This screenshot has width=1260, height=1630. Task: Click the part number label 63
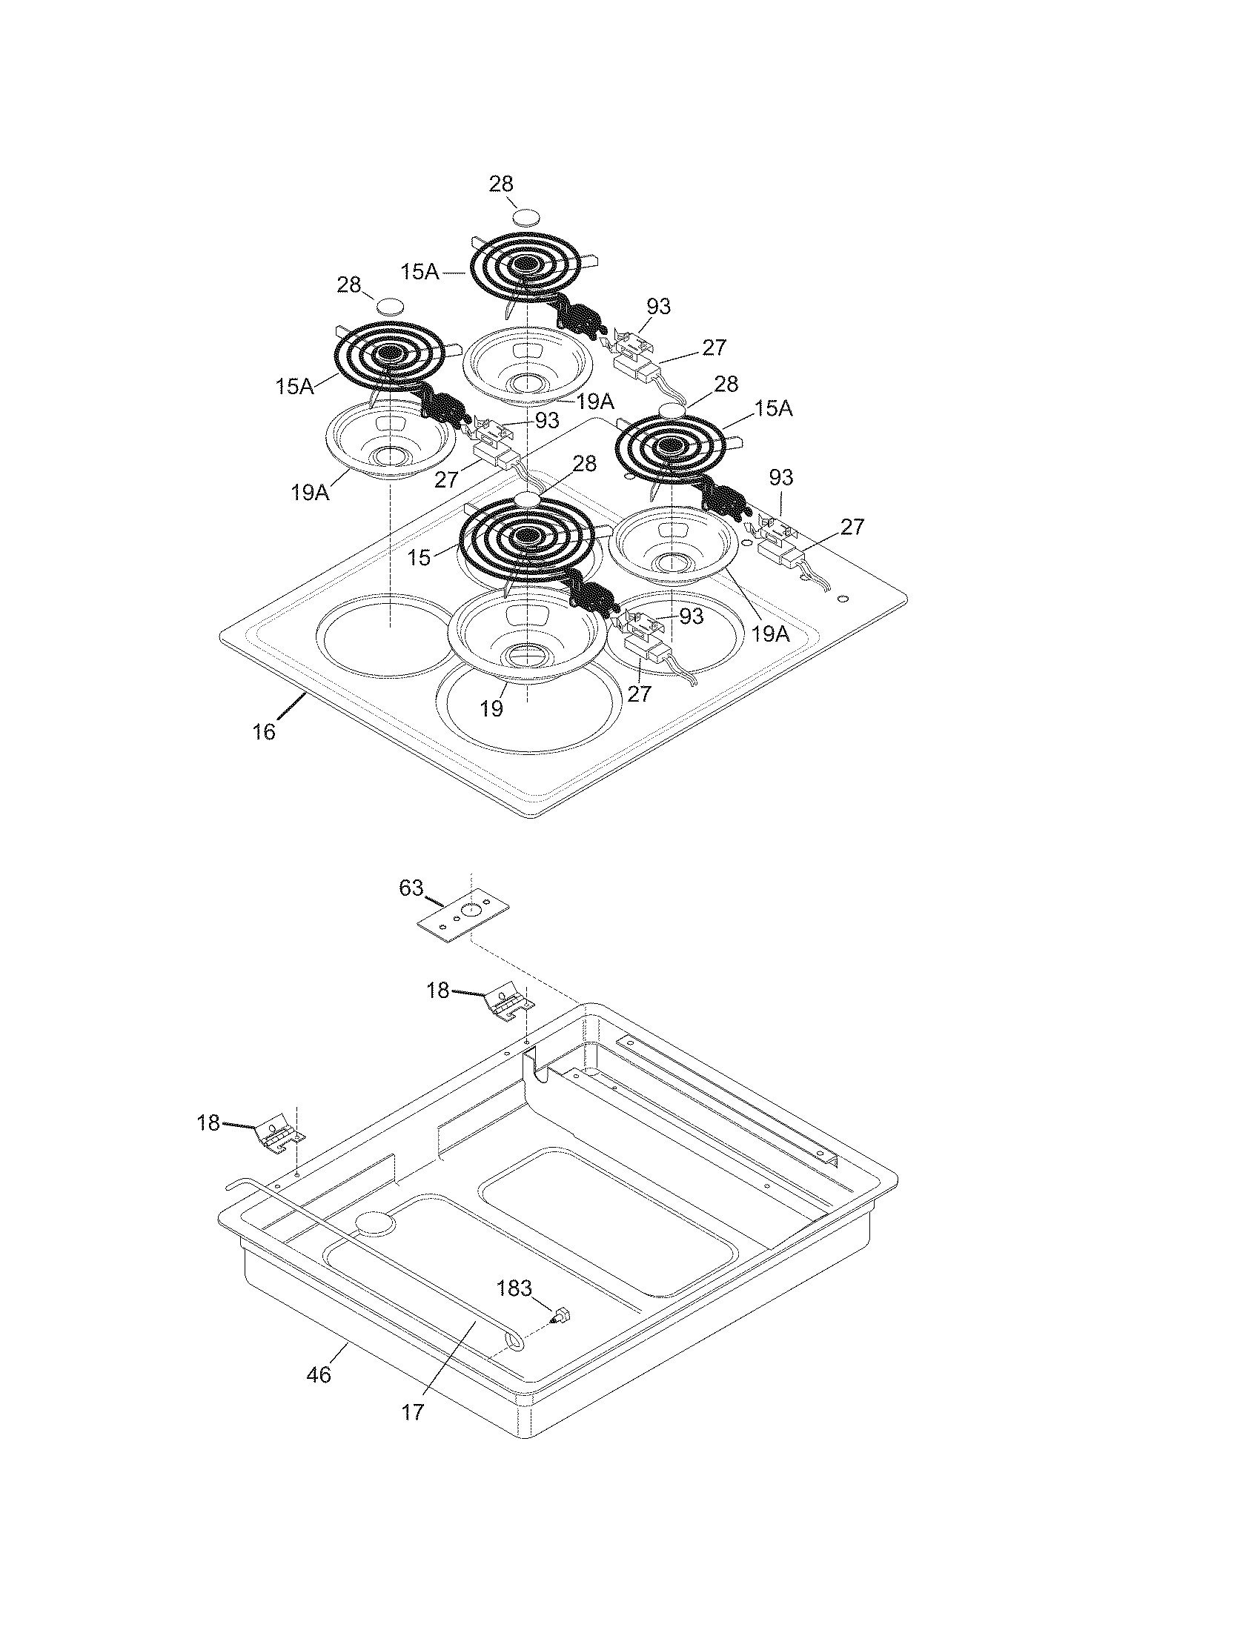tap(411, 888)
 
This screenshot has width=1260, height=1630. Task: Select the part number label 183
tap(514, 1288)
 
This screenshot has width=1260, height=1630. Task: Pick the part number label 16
tap(264, 732)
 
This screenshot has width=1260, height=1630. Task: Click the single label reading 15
tap(419, 557)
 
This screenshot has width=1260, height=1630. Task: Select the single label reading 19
tap(491, 708)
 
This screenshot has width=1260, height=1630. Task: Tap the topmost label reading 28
tap(501, 184)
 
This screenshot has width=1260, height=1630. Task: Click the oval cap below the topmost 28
tap(526, 217)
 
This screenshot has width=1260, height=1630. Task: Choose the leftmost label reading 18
tap(209, 1122)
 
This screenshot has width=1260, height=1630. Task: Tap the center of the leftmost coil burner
tap(388, 353)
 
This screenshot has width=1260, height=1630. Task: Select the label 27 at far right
tap(852, 527)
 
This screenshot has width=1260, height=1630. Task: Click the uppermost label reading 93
tap(658, 306)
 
